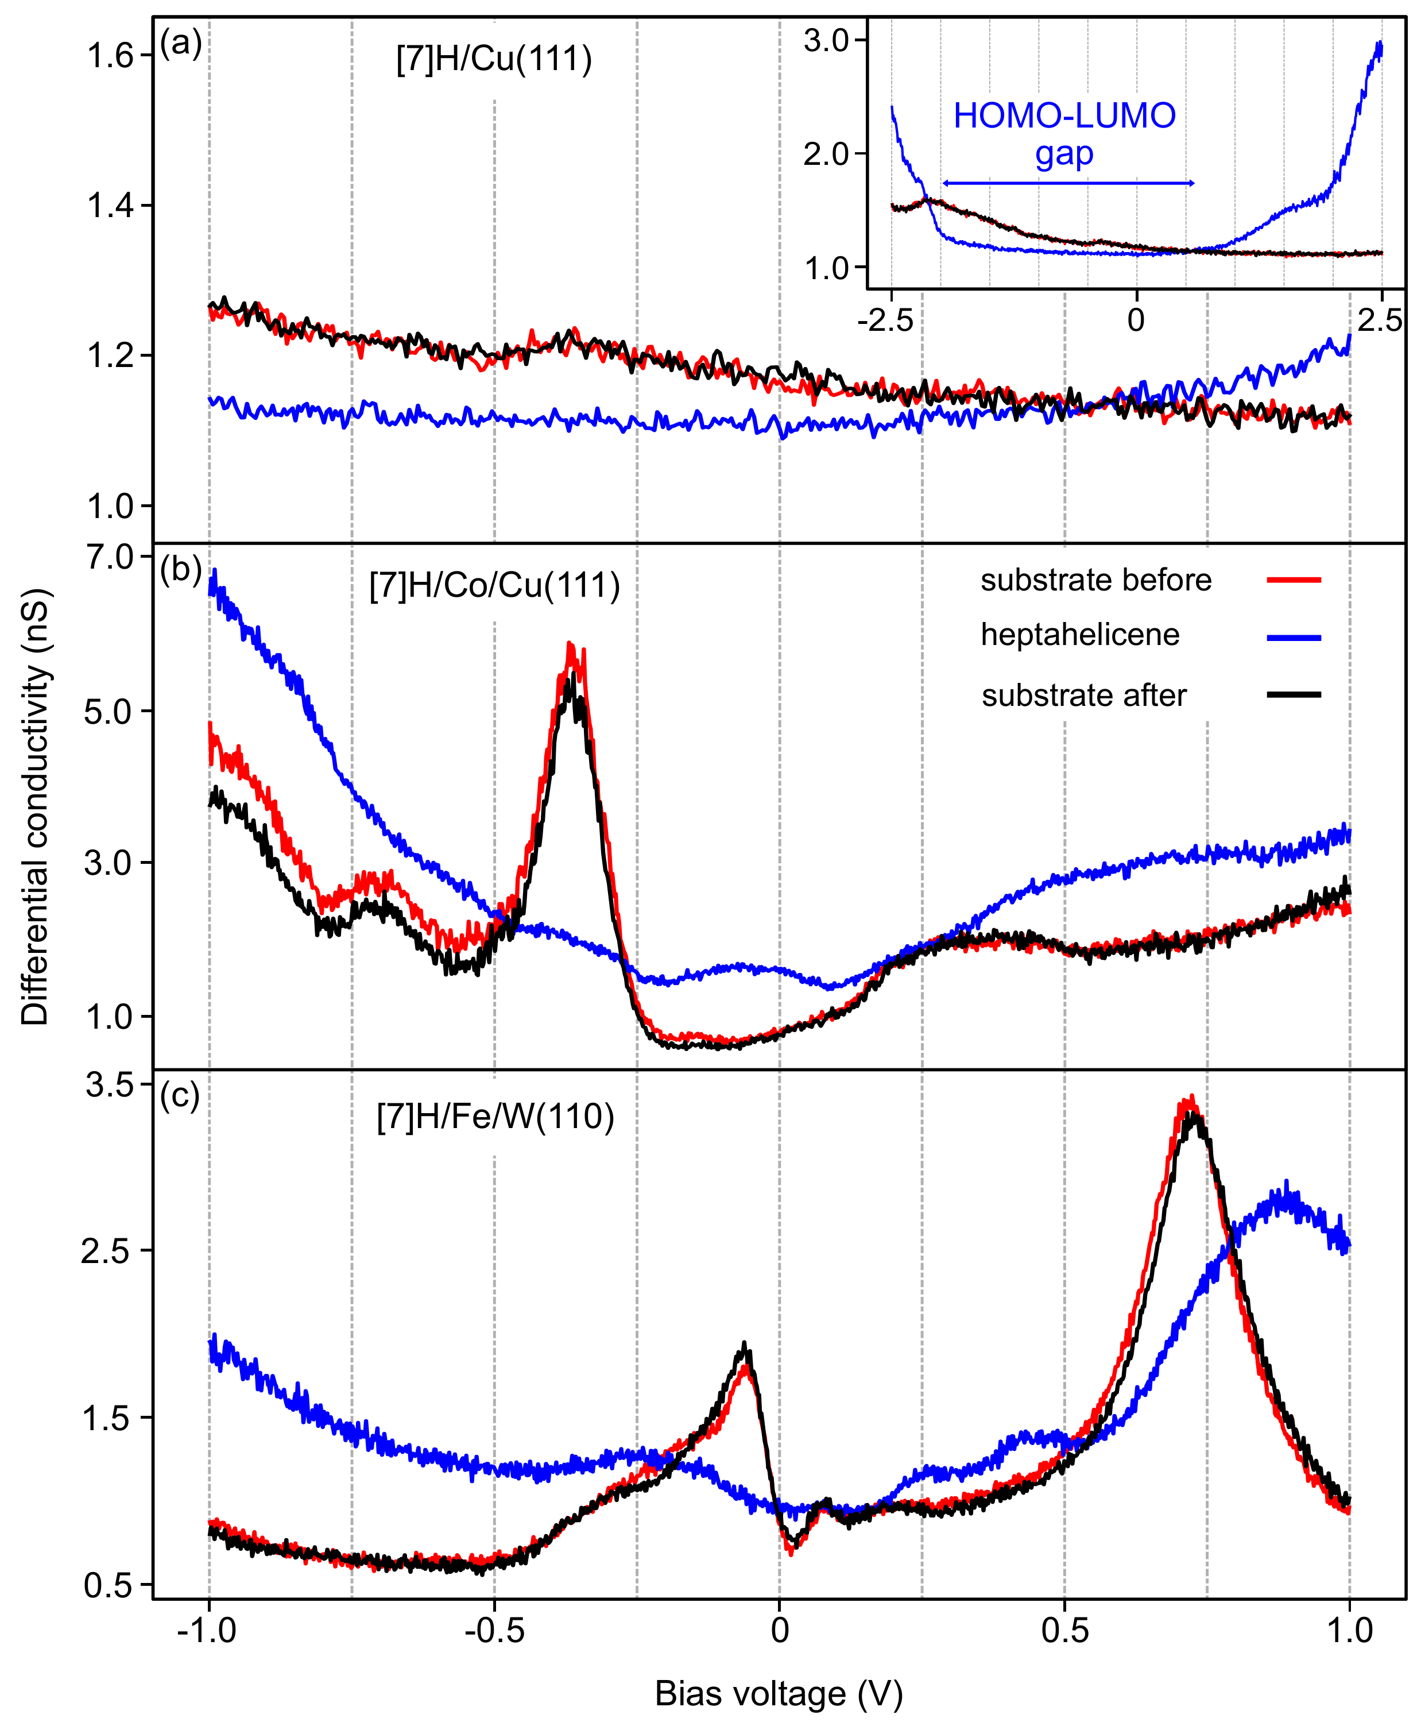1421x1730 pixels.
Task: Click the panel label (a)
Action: pyautogui.click(x=181, y=43)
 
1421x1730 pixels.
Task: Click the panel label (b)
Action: pyautogui.click(x=181, y=569)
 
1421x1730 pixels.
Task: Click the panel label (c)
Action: pyautogui.click(x=181, y=1095)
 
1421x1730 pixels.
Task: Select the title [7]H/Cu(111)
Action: pyautogui.click(x=494, y=59)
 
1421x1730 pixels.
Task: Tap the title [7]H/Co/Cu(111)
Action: pyautogui.click(x=494, y=585)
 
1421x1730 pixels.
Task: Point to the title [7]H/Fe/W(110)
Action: pyautogui.click(x=495, y=1117)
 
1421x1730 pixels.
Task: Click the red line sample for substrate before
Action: pyautogui.click(x=1294, y=580)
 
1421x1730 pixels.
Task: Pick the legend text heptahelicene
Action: pyautogui.click(x=1079, y=635)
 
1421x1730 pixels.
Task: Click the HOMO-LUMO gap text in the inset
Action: pyautogui.click(x=1064, y=133)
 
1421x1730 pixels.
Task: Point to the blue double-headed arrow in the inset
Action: pyautogui.click(x=1068, y=183)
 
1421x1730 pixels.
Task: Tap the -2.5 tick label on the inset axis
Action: pyautogui.click(x=885, y=320)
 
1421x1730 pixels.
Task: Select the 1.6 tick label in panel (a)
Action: pyautogui.click(x=109, y=56)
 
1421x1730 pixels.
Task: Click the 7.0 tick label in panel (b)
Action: pyautogui.click(x=109, y=558)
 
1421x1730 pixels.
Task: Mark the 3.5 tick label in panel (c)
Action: pyautogui.click(x=109, y=1085)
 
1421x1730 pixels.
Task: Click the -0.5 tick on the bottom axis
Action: pyautogui.click(x=494, y=1630)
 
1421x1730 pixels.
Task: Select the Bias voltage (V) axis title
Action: pyautogui.click(x=779, y=1694)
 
